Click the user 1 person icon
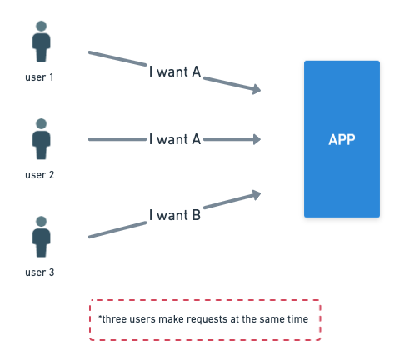[x=41, y=41]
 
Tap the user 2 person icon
[x=41, y=139]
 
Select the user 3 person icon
[x=41, y=237]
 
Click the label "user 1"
[x=39, y=77]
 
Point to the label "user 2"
[x=39, y=175]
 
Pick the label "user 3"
[x=39, y=272]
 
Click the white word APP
[x=342, y=139]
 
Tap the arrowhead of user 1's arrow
[x=257, y=89]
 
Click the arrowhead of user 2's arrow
[x=257, y=139]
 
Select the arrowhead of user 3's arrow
[x=257, y=194]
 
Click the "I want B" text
[x=175, y=215]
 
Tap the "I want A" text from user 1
[x=175, y=72]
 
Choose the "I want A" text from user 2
[x=175, y=139]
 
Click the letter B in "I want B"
[x=197, y=215]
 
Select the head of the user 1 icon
[x=41, y=26]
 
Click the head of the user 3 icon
[x=41, y=221]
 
